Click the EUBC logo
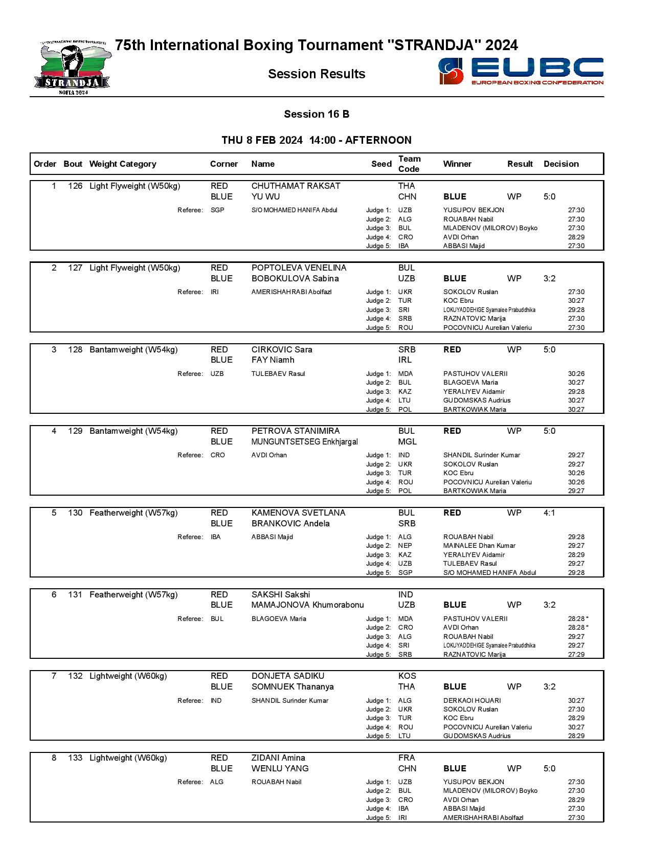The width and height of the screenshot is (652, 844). pos(521,71)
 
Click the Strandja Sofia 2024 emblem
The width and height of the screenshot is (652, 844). pos(73,69)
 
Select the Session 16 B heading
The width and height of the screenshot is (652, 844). pos(317,114)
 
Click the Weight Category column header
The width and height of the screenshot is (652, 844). pos(123,164)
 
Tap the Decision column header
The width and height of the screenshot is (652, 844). pos(561,164)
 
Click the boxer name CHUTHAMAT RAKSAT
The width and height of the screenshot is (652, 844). pos(296,186)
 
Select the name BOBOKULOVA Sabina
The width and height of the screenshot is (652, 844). pos(295,279)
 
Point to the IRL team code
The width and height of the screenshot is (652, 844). pos(405,360)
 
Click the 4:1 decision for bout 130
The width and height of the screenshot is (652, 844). pos(549,513)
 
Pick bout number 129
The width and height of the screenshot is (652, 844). pos(75,431)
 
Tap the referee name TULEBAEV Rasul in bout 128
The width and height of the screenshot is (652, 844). pos(278,374)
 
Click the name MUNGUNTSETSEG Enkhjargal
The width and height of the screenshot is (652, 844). pos(304,442)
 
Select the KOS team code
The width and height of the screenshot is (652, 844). pos(407,676)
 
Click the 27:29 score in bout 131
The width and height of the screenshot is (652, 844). pos(576,655)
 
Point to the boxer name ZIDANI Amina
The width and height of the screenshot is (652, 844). pos(278,758)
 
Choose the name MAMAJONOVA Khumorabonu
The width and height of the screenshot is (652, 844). pos(307,605)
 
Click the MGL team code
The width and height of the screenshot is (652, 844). pos(408,442)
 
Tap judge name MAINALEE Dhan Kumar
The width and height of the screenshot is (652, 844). pos(479,546)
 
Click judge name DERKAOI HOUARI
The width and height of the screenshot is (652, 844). pos(472,701)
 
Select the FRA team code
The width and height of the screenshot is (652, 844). pos(407,758)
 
